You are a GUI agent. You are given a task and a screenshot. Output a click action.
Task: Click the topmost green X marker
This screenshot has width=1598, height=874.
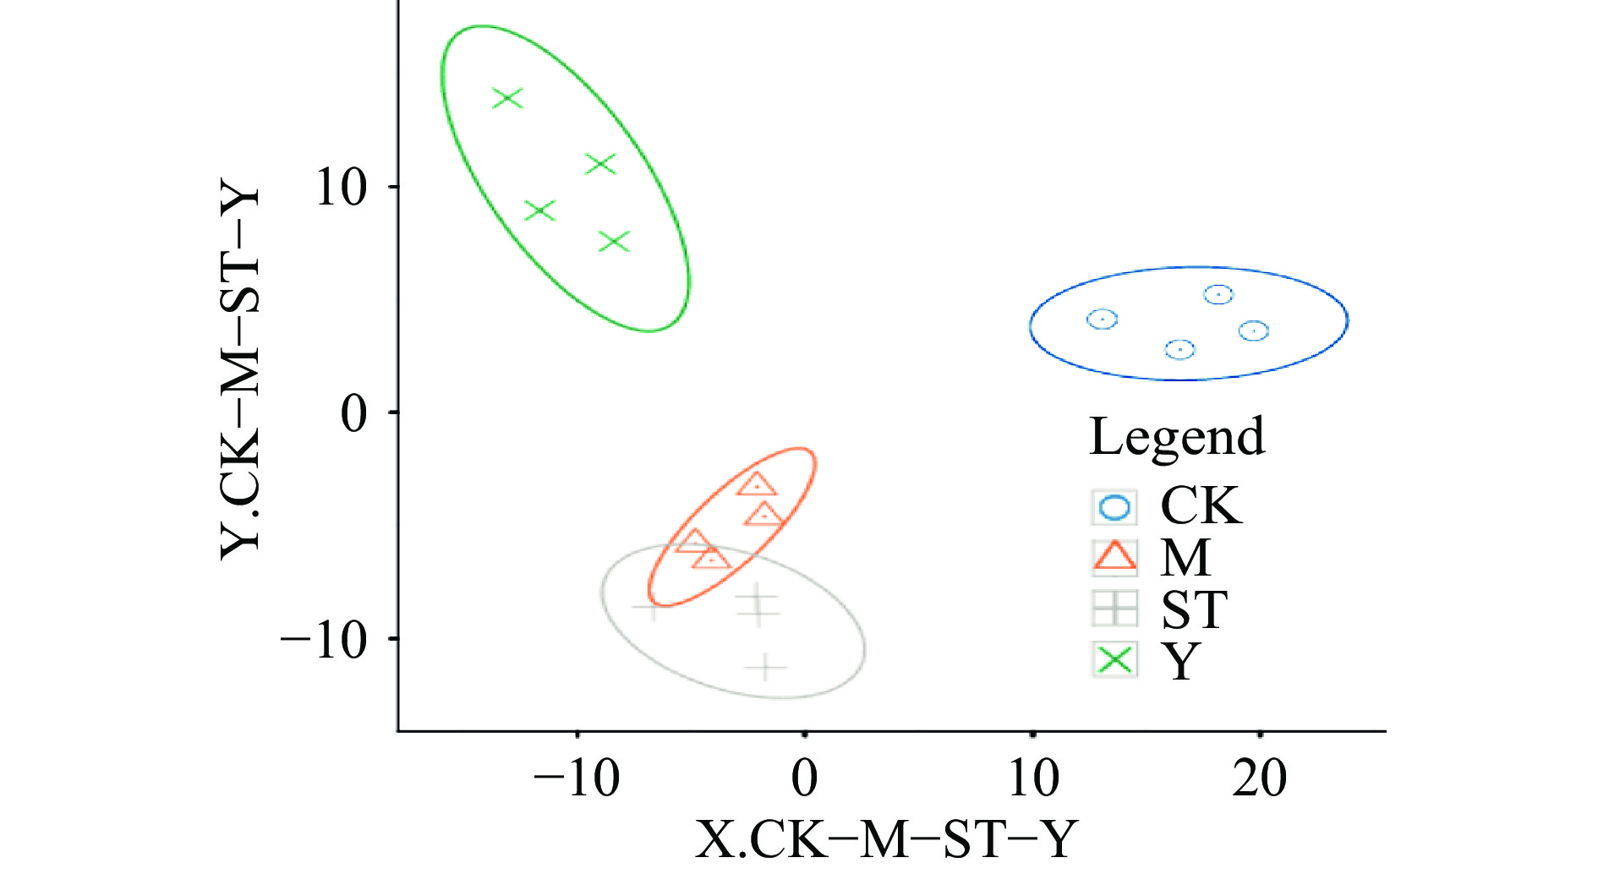pyautogui.click(x=507, y=98)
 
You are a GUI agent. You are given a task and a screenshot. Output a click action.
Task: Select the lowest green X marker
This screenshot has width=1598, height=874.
pyautogui.click(x=615, y=242)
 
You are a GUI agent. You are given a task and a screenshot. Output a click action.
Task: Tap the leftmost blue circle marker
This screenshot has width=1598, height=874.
pyautogui.click(x=1102, y=319)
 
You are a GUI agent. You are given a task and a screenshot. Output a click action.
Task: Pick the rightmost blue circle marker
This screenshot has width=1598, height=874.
pyautogui.click(x=1254, y=330)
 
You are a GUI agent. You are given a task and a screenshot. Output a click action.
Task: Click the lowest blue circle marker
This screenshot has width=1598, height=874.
pyautogui.click(x=1179, y=348)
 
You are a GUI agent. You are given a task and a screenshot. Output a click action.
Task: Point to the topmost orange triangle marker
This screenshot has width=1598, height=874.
pyautogui.click(x=756, y=485)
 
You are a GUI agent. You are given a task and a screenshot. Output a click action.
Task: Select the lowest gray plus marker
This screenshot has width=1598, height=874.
pyautogui.click(x=765, y=667)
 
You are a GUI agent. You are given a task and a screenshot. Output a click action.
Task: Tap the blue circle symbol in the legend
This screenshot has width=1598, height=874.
pyautogui.click(x=1114, y=507)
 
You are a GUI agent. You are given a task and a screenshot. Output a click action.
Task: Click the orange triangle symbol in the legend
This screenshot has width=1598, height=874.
pyautogui.click(x=1114, y=557)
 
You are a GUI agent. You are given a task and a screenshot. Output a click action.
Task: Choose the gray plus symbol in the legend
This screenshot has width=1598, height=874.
pyautogui.click(x=1114, y=608)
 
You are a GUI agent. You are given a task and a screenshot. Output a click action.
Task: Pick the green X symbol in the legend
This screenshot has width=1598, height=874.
pyautogui.click(x=1114, y=659)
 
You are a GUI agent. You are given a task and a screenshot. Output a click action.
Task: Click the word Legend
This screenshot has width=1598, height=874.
pyautogui.click(x=1176, y=437)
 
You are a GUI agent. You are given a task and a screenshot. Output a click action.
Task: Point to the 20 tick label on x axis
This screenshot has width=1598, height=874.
pyautogui.click(x=1259, y=778)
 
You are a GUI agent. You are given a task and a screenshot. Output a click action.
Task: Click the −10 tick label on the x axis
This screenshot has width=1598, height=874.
pyautogui.click(x=577, y=778)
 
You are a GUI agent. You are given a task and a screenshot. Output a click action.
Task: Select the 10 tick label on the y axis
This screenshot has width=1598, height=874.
pyautogui.click(x=341, y=187)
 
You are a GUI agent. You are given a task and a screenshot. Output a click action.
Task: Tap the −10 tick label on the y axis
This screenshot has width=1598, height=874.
pyautogui.click(x=325, y=640)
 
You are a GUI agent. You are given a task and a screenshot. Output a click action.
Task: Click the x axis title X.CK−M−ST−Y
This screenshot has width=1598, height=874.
pyautogui.click(x=886, y=838)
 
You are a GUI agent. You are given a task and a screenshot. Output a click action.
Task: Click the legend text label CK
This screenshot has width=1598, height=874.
pyautogui.click(x=1201, y=506)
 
